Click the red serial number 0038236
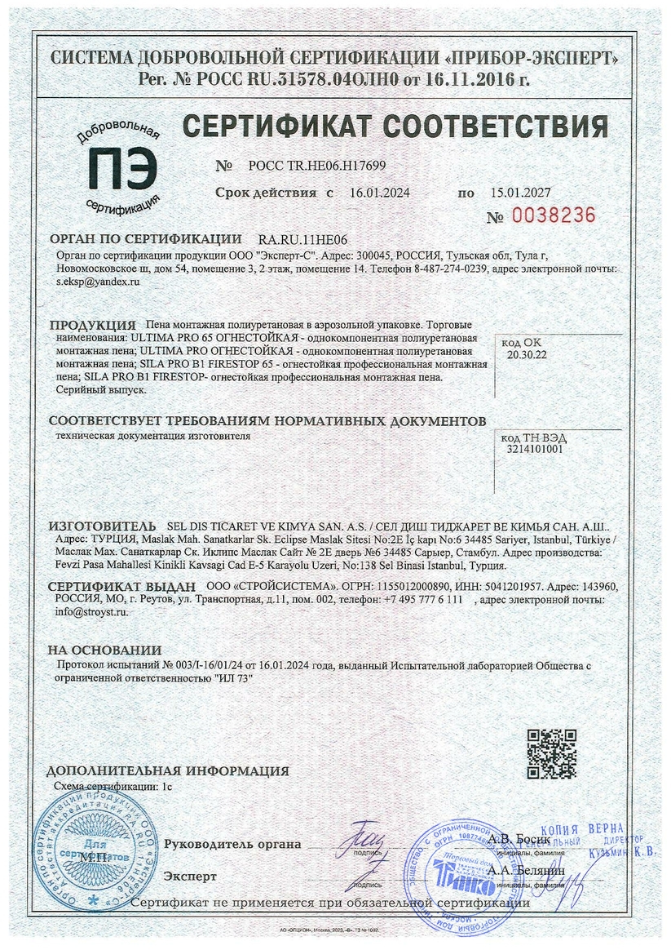click(553, 215)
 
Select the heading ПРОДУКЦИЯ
click(92, 324)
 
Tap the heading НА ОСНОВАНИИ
click(104, 650)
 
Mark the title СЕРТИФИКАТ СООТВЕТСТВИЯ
click(395, 127)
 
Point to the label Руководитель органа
click(232, 844)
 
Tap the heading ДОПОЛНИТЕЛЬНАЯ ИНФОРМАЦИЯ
click(168, 770)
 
